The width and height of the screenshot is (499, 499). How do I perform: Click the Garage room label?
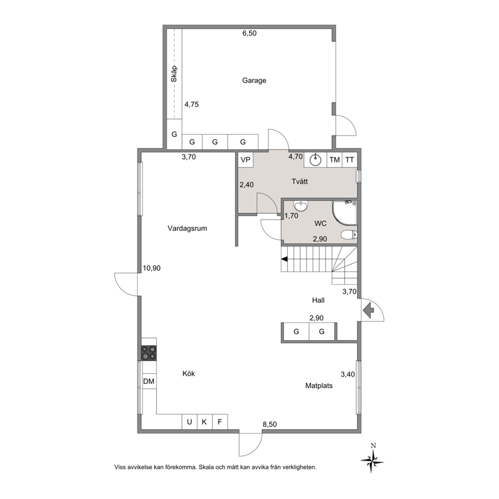click(x=254, y=80)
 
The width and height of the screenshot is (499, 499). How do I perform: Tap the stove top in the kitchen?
click(x=149, y=353)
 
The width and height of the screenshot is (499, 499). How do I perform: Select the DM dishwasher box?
click(x=149, y=381)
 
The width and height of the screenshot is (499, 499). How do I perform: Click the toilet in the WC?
click(x=349, y=235)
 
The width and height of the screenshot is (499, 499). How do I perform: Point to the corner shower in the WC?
click(x=345, y=213)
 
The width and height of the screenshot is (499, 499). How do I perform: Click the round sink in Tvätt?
click(x=315, y=160)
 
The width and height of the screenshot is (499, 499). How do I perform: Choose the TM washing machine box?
click(x=335, y=160)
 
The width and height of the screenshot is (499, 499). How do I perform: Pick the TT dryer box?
click(x=350, y=160)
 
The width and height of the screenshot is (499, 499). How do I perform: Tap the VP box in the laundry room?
click(x=245, y=160)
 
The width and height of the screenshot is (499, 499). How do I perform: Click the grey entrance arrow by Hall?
click(x=369, y=310)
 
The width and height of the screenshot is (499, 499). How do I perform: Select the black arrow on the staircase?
click(x=285, y=259)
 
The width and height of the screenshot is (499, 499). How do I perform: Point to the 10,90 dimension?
click(x=151, y=268)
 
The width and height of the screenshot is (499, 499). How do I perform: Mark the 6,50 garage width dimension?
click(x=249, y=33)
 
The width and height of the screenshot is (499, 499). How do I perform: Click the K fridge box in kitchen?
click(x=205, y=422)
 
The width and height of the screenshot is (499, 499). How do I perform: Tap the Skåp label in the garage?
click(x=174, y=74)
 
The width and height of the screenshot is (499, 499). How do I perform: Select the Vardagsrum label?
click(x=187, y=228)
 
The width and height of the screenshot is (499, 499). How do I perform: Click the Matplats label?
click(x=319, y=386)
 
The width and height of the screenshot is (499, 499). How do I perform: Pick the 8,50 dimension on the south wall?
click(x=270, y=424)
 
